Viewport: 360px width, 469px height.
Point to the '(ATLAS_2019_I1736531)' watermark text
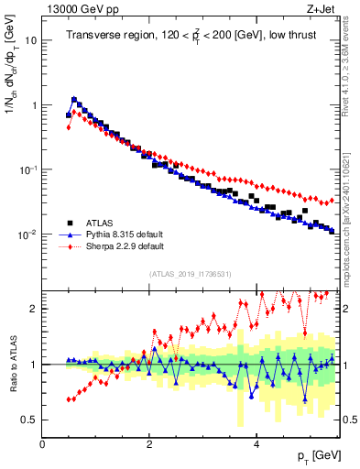click(191, 274)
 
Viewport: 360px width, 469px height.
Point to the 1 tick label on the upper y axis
click(35, 105)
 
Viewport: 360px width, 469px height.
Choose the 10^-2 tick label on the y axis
click(27, 234)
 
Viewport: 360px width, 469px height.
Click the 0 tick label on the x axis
click(42, 442)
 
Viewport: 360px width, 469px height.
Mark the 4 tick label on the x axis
click(256, 442)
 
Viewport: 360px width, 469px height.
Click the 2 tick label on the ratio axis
click(35, 309)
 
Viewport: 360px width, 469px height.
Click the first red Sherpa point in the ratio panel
click(69, 399)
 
